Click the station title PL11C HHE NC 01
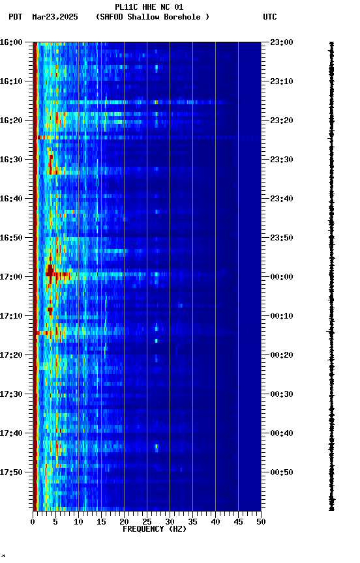(149, 7)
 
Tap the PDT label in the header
(16, 17)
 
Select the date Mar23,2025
(55, 17)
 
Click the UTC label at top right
(270, 17)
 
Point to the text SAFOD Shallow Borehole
(153, 17)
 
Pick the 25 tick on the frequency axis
(147, 522)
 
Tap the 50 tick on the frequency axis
(261, 522)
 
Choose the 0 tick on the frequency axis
(33, 522)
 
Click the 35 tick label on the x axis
(192, 522)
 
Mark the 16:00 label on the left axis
(11, 42)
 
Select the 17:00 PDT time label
(11, 276)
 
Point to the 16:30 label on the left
(11, 159)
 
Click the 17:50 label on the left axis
(11, 472)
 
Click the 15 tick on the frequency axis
(101, 522)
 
